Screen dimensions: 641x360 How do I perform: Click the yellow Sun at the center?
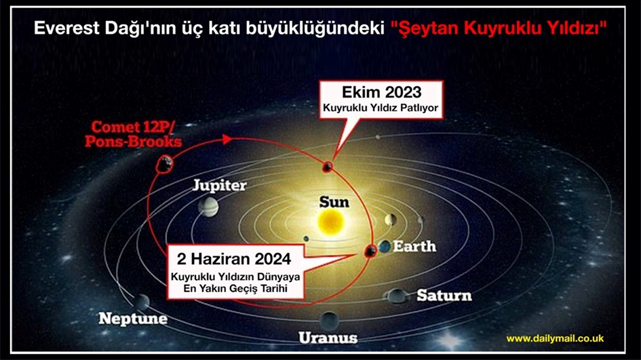click(331, 222)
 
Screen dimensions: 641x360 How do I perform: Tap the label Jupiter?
click(220, 185)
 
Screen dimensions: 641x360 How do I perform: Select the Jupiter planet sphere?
click(208, 207)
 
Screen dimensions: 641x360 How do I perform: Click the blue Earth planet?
click(385, 247)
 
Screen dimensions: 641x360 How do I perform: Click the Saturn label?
click(444, 296)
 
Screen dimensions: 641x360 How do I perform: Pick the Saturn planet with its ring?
click(395, 296)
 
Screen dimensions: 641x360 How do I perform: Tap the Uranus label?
click(328, 338)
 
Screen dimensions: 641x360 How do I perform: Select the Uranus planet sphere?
click(329, 321)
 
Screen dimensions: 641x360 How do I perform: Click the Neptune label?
click(133, 319)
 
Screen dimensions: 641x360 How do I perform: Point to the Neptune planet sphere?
click(142, 302)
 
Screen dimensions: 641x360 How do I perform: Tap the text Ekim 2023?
click(381, 92)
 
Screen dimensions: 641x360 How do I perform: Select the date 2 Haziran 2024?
click(234, 259)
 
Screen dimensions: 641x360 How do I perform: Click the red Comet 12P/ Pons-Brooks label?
click(133, 134)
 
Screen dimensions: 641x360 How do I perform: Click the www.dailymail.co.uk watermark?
click(555, 338)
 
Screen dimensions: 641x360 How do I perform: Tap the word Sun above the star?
click(334, 202)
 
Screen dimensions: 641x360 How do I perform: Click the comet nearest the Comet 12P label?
click(164, 164)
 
